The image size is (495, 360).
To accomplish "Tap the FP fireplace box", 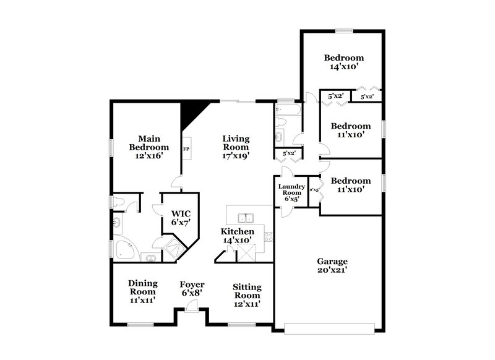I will click(186, 150).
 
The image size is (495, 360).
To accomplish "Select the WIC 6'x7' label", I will click(181, 217).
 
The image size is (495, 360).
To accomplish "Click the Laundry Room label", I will click(291, 193).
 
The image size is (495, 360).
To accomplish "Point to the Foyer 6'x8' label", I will click(192, 289).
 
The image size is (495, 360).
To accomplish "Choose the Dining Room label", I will click(143, 291).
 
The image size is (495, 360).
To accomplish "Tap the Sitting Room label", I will click(247, 295).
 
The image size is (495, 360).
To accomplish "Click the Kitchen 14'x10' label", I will click(238, 236).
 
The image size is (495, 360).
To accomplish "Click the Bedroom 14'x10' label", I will click(343, 62).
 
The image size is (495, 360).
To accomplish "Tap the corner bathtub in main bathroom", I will click(124, 248).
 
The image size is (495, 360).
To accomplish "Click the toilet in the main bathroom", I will click(118, 202).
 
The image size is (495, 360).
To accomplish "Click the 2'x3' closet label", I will click(314, 191).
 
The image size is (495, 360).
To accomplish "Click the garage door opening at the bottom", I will click(329, 328).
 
